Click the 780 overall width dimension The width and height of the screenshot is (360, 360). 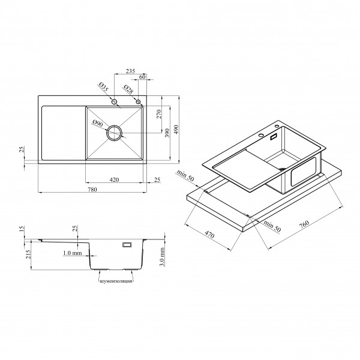coord(92,190)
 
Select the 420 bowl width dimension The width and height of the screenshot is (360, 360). coord(114,179)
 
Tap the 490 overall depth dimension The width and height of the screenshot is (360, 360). coord(176,130)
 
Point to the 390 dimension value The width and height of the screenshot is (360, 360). coord(167,133)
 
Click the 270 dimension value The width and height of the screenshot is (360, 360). coord(159,114)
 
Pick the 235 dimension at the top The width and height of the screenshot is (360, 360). coord(130,71)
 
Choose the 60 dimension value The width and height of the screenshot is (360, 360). coord(142,77)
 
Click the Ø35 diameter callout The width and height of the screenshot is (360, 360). coord(104,86)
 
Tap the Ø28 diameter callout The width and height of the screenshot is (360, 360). coord(128,89)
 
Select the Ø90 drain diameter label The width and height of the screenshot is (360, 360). coord(98,124)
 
